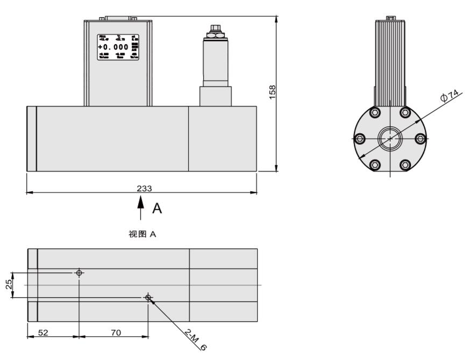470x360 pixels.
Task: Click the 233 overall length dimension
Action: pos(144,188)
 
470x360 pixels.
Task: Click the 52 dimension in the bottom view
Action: pos(42,333)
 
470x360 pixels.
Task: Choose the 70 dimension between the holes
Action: pos(115,333)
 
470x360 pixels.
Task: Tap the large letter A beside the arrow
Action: pos(156,208)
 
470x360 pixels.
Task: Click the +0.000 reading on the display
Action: pos(113,47)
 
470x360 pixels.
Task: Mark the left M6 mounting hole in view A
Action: pos(79,273)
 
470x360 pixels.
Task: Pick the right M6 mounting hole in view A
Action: pos(148,297)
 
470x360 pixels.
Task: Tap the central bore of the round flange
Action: pos(390,139)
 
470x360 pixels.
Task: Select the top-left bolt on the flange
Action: pos(375,112)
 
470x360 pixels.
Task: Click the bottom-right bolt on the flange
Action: pos(405,164)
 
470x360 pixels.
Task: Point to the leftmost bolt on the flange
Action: pos(360,139)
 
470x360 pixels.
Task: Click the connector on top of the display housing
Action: pos(118,18)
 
